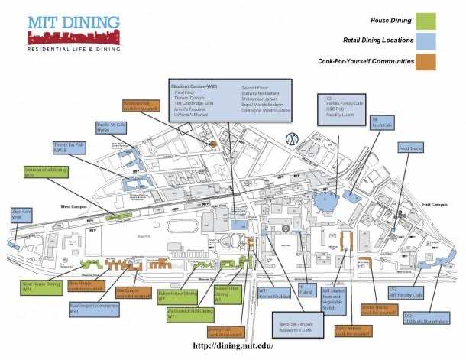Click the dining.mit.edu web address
[233, 345]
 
